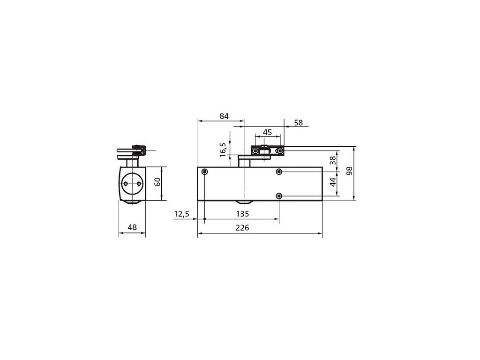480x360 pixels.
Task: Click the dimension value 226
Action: pyautogui.click(x=242, y=228)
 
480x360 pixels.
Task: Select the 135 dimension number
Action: pyautogui.click(x=242, y=214)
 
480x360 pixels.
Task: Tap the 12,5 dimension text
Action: pyautogui.click(x=181, y=214)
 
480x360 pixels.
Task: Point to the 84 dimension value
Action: pyautogui.click(x=224, y=116)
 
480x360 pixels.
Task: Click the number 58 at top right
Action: pyautogui.click(x=298, y=123)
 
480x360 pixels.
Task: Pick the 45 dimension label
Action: pyautogui.click(x=267, y=132)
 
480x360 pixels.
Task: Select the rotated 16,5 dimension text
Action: pyautogui.click(x=223, y=150)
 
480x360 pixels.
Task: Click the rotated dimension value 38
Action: pyautogui.click(x=333, y=160)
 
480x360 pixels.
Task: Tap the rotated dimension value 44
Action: pyautogui.click(x=333, y=182)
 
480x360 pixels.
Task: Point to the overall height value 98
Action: pyautogui.click(x=349, y=171)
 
